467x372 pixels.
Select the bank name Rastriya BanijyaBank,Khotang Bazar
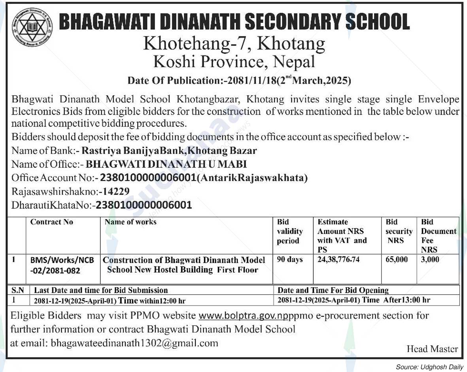point(169,151)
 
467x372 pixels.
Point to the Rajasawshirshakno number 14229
point(114,192)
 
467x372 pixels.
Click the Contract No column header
point(52,222)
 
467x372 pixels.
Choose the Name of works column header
point(130,222)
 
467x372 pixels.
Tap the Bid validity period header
point(289,231)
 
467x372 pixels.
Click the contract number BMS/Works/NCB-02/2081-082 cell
point(62,265)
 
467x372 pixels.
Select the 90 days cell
point(290,260)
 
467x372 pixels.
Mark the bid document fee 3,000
point(430,260)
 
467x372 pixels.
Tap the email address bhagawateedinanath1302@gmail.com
point(134,343)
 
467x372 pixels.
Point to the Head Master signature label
point(432,349)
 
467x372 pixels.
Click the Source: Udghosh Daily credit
point(429,367)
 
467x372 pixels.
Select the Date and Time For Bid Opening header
point(333,290)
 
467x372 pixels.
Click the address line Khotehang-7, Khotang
point(234,43)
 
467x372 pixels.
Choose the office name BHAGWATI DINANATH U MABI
point(166,164)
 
